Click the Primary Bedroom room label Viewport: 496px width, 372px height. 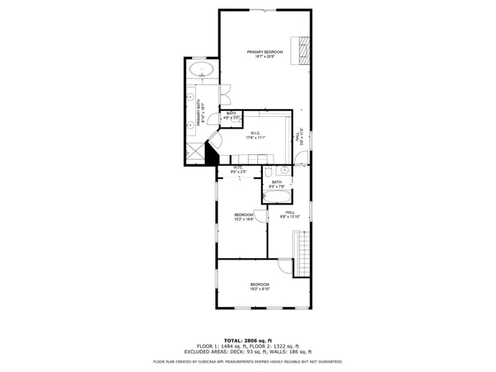click(265, 54)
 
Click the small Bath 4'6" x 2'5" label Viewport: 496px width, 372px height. click(232, 115)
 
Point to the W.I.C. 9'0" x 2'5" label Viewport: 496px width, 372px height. click(239, 169)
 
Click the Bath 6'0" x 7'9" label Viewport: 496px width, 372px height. click(277, 184)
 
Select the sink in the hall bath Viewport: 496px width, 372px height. click(284, 169)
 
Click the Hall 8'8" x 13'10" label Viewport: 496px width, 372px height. click(289, 215)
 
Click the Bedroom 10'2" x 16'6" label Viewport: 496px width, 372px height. click(244, 217)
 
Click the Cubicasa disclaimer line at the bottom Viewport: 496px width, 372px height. click(247, 361)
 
